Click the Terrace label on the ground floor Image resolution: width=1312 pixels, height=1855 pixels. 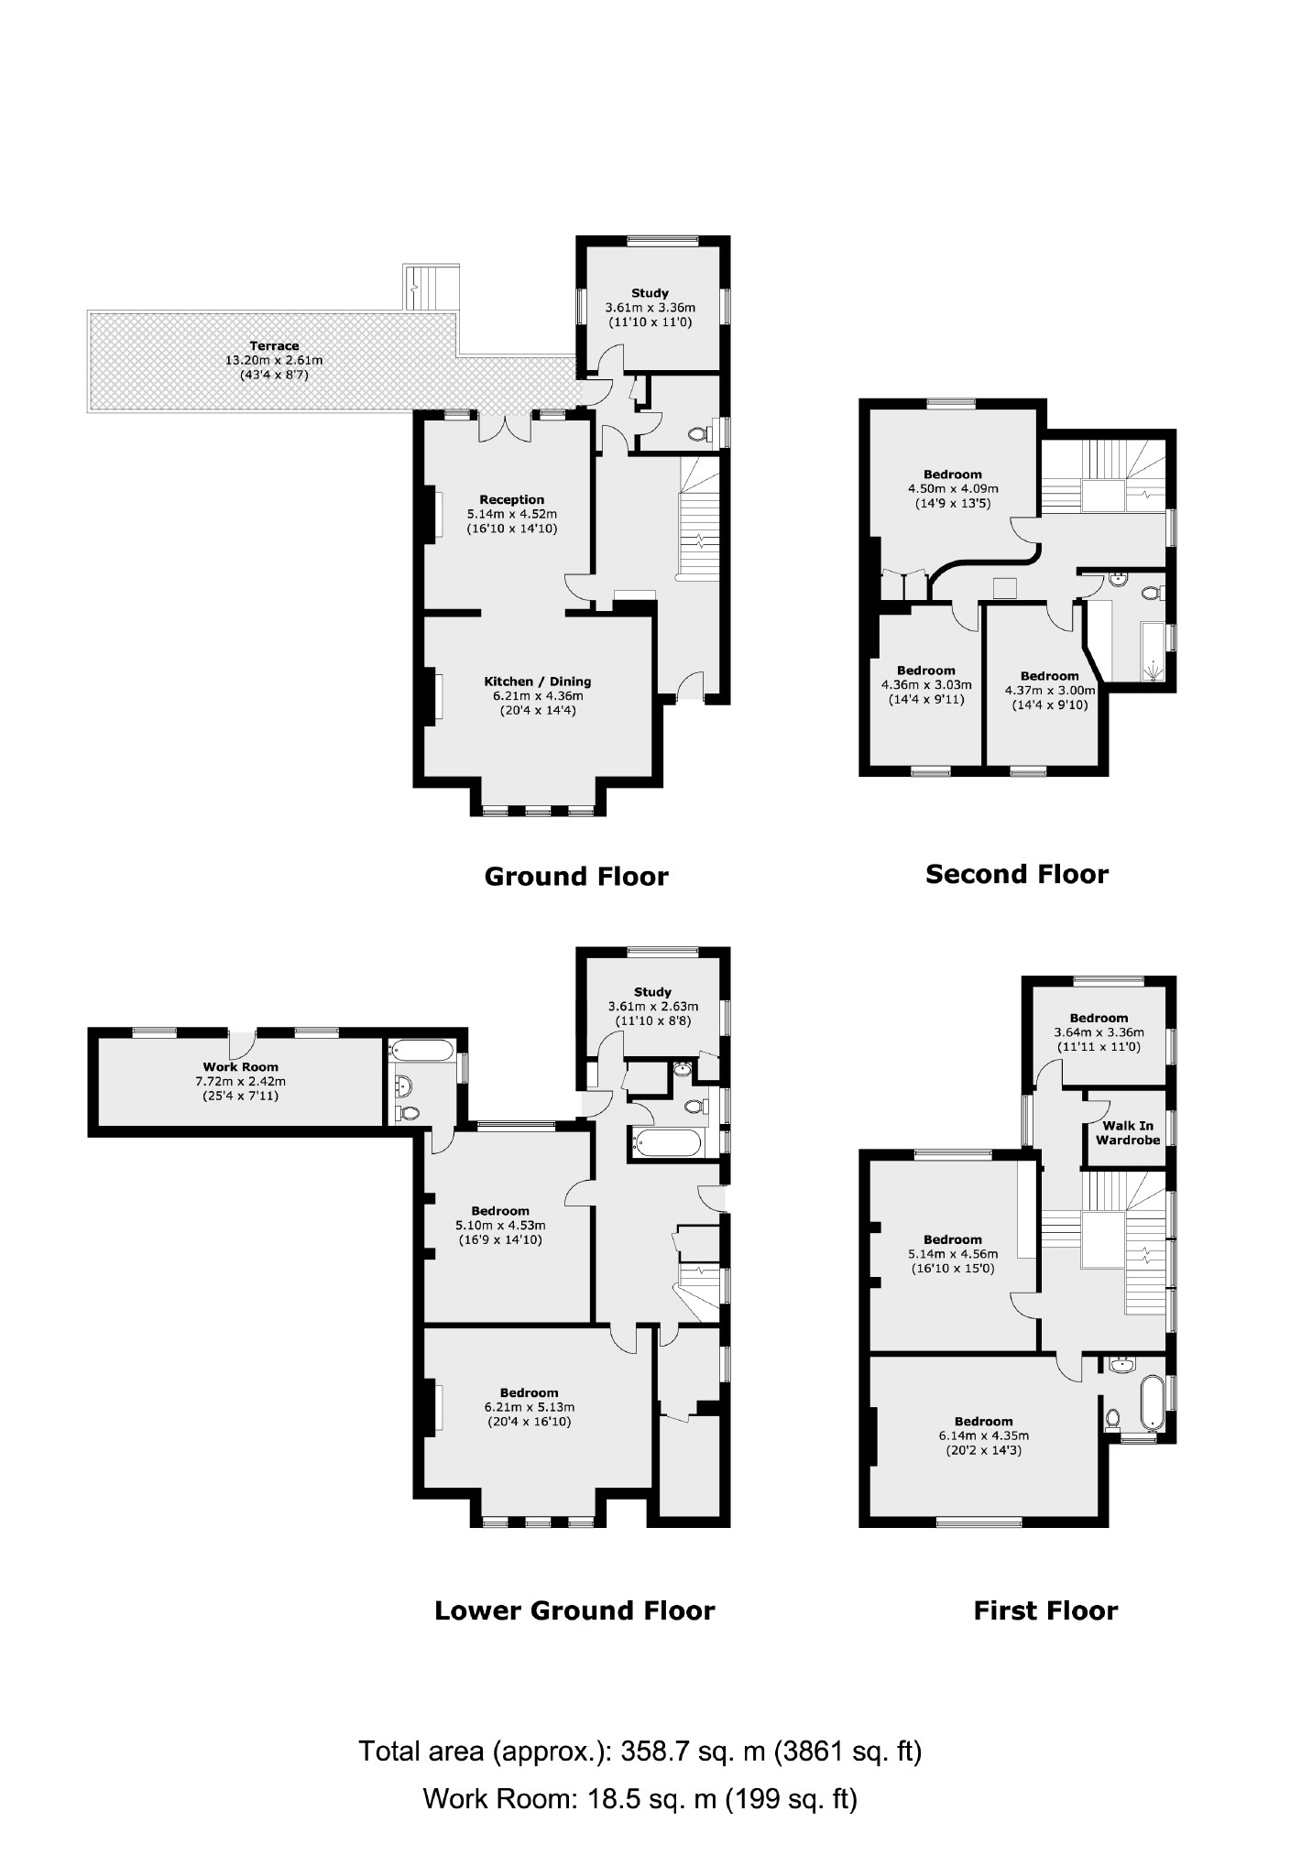click(274, 346)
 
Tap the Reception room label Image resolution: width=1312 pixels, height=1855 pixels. click(511, 500)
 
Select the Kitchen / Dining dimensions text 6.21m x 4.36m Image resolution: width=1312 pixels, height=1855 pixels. click(537, 696)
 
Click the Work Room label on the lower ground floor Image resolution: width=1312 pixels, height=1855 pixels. click(240, 1067)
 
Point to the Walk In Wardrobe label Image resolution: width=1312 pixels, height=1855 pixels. click(1127, 1133)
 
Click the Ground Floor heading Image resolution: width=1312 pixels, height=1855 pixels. click(575, 877)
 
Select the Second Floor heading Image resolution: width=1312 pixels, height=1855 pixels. click(1016, 874)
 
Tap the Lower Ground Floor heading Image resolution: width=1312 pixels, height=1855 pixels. click(574, 1610)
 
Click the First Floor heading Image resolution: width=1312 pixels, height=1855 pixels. click(1044, 1610)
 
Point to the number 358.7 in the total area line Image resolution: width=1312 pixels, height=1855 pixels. click(652, 1751)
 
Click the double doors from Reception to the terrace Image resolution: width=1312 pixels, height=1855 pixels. click(505, 427)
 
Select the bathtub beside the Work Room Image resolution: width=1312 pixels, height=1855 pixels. click(421, 1051)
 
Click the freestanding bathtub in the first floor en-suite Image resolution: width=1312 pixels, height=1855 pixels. click(1151, 1402)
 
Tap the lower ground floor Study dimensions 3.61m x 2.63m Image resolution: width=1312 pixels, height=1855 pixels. click(652, 1006)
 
